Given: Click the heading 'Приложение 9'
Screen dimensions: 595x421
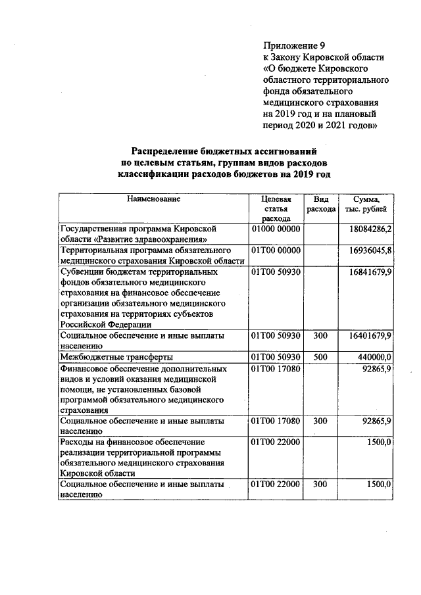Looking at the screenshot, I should coord(294,46).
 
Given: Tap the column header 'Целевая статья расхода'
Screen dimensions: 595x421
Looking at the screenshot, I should coord(276,208).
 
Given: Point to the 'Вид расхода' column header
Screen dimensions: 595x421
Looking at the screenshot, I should coord(321,203).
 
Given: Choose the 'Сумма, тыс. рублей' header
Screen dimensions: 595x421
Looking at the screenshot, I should coord(366,203).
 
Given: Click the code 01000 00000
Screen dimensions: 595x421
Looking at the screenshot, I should coord(276,229).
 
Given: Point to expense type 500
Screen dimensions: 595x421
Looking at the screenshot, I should coord(320,357).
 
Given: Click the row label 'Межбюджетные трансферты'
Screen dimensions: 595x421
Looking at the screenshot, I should coord(116,357).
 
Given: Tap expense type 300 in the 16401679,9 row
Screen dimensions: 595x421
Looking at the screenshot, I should coord(320,336).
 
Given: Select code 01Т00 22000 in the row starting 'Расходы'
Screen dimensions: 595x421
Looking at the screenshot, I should coord(276,442).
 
